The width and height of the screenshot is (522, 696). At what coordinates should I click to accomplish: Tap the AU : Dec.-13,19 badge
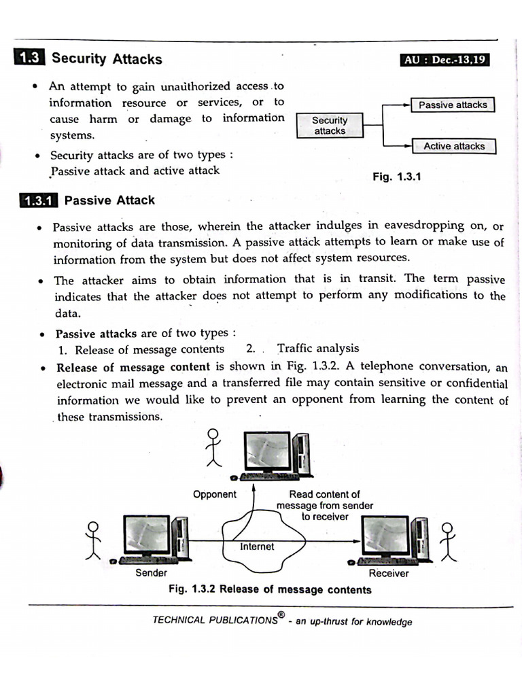point(445,60)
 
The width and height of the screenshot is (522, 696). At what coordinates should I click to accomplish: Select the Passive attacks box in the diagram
point(453,105)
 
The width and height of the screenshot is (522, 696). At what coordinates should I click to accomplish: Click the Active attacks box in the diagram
point(454,146)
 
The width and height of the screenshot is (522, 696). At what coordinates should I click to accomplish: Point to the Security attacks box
point(330,126)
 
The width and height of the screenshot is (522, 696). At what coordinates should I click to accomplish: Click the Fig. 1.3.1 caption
point(397,177)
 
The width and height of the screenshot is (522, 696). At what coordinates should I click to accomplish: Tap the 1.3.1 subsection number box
point(38,201)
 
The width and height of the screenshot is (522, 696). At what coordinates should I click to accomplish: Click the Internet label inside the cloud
point(257,546)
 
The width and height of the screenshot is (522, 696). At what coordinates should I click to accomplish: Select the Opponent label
point(215,494)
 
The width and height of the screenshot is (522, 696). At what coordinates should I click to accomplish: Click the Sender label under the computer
point(151,573)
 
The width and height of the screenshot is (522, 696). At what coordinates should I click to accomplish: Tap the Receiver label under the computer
point(389,573)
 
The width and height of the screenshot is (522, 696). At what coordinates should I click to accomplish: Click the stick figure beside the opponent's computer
point(214,447)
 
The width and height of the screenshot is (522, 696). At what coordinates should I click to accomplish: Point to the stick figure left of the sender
point(93,540)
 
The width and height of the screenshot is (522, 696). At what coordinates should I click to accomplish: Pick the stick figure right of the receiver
point(447,542)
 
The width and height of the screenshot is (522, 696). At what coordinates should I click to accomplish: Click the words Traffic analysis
point(318,349)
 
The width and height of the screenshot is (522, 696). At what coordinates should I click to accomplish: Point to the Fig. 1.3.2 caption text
point(270,589)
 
